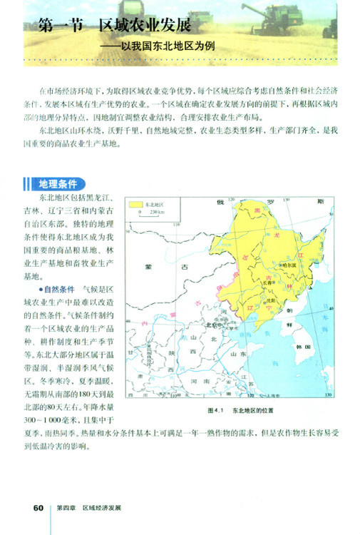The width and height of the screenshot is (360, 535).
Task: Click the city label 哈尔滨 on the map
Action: pos(287,264)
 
